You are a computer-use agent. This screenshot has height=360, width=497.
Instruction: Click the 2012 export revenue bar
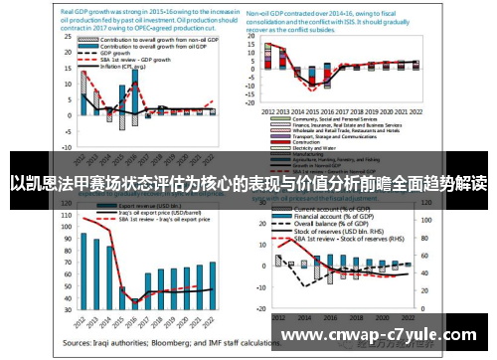pos(84,269)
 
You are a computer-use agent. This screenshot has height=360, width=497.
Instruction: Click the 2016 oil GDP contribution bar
pos(135,99)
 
